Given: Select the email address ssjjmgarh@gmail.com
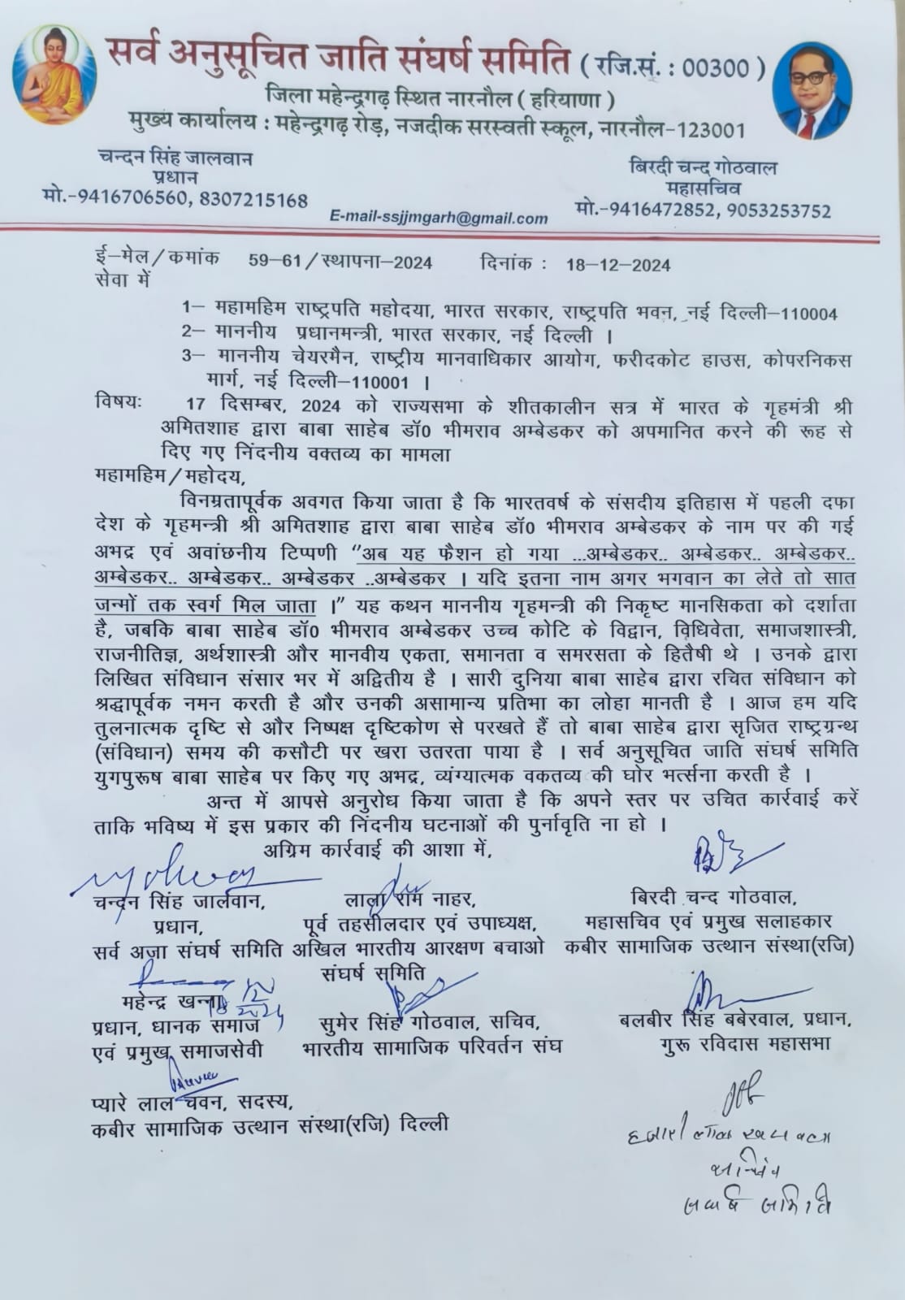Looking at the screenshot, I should point(439,218).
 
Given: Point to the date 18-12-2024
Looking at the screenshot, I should point(618,263).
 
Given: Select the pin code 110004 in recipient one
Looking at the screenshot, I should point(808,314).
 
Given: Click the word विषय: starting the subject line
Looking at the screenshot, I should point(119,401).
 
